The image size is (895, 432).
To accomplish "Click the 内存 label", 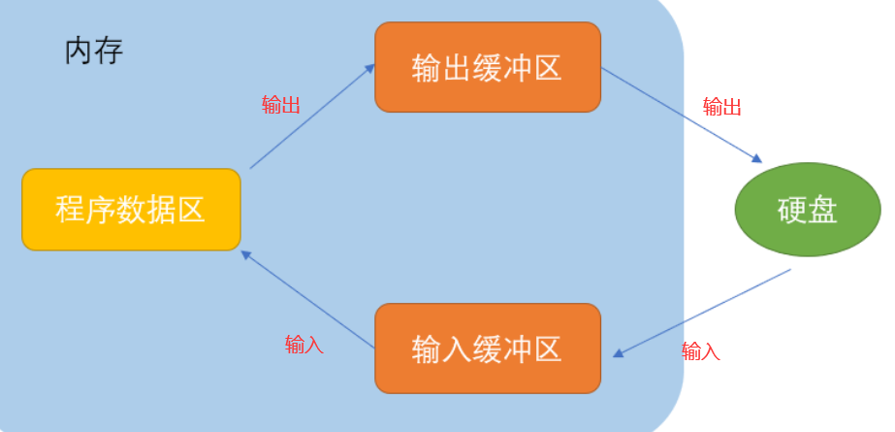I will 94,50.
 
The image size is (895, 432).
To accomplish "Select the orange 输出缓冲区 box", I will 487,67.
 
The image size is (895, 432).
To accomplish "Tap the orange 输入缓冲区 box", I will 487,349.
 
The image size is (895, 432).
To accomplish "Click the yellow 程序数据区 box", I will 131,210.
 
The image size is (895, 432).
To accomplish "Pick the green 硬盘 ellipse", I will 807,210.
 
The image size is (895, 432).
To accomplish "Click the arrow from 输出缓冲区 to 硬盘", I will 682,114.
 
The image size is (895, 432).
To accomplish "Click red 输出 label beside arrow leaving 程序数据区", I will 281,106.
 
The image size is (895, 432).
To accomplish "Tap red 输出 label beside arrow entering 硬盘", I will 721,106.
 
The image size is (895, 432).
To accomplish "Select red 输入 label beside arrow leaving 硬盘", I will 701,351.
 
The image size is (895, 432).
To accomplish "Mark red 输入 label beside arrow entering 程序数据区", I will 304,345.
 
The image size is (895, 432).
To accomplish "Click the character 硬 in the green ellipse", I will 791,211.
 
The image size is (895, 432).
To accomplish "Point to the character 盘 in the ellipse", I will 822,211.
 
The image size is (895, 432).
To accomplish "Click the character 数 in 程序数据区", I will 131,210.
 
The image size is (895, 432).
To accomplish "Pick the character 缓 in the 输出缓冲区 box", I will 487,68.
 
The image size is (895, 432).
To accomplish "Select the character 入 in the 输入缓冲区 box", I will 457,349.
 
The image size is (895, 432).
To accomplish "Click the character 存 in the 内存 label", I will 109,50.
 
